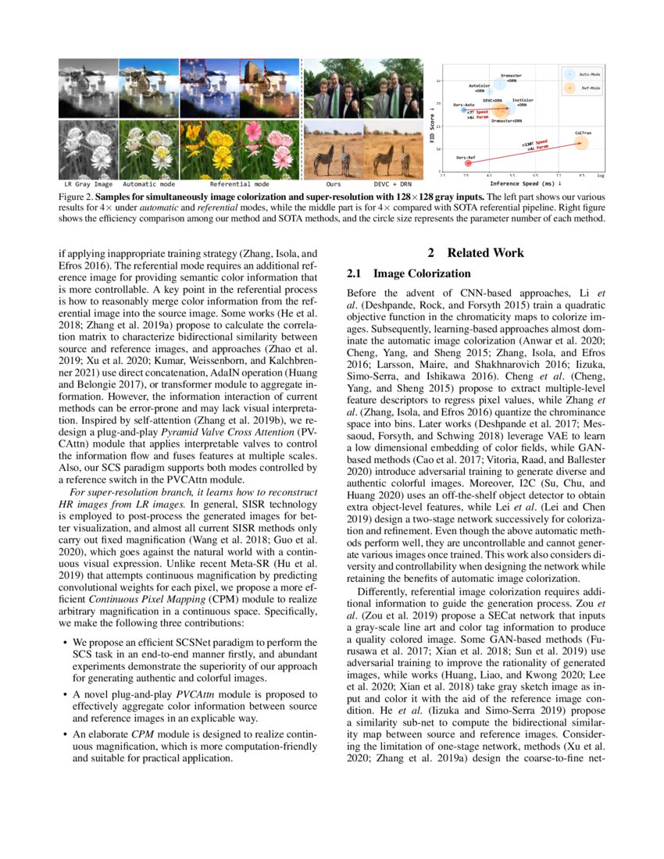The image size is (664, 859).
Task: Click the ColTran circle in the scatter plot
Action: tap(582, 141)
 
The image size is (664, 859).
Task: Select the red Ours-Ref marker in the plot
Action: tap(469, 163)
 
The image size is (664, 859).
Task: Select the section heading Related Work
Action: tap(477, 253)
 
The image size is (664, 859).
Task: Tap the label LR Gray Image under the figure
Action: tap(87, 184)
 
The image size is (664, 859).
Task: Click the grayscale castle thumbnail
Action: tap(87, 89)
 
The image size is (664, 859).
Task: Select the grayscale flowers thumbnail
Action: tap(87, 150)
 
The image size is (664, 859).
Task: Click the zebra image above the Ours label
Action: tap(333, 150)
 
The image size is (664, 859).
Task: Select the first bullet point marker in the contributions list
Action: tap(63, 643)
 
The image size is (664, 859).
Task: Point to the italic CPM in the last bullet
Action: tap(141, 735)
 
